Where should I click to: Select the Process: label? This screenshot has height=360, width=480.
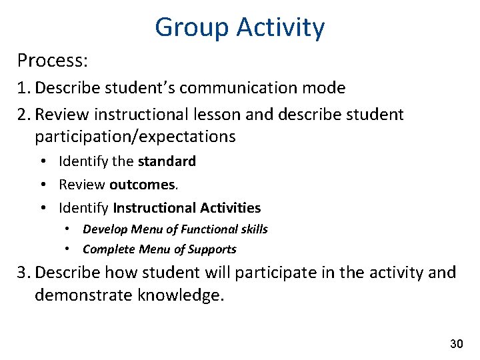click(x=53, y=61)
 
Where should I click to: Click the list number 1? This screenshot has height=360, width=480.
click(x=23, y=88)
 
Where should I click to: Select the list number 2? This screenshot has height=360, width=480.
click(x=24, y=115)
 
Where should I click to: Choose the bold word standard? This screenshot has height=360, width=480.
click(x=167, y=161)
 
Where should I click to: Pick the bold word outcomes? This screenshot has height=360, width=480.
click(x=138, y=185)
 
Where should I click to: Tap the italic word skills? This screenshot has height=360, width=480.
click(x=254, y=229)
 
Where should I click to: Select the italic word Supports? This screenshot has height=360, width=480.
click(x=212, y=249)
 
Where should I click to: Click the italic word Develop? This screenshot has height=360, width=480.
click(x=105, y=229)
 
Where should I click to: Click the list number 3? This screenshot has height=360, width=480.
click(x=24, y=273)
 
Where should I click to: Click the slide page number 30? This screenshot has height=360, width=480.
click(x=456, y=344)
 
